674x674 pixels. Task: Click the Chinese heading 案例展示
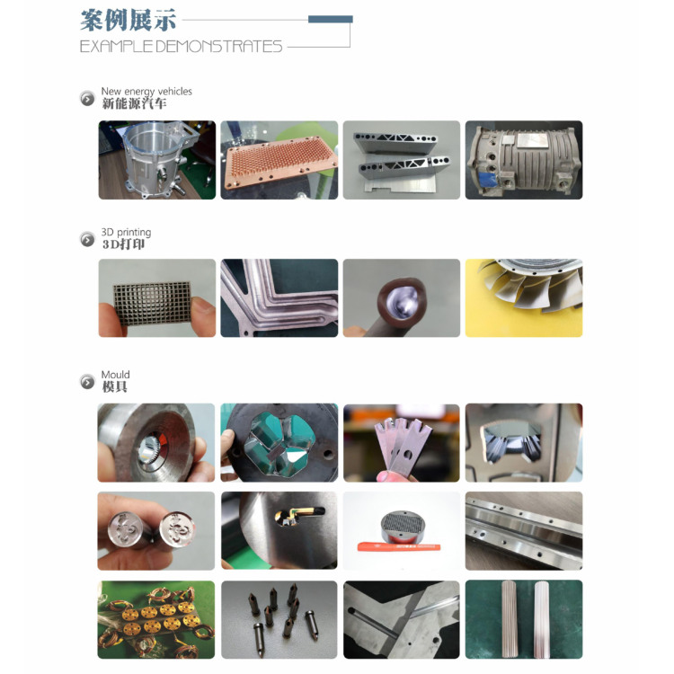[x=129, y=20]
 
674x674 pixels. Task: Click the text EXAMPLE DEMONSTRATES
[x=181, y=47]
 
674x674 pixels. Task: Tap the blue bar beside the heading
[x=331, y=19]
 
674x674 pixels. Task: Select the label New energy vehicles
[x=146, y=91]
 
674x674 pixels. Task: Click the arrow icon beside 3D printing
[x=87, y=239]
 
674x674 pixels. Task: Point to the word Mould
[x=115, y=375]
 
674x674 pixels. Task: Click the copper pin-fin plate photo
[x=279, y=160]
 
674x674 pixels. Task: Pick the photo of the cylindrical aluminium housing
[x=157, y=160]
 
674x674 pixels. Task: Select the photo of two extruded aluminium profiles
[x=402, y=160]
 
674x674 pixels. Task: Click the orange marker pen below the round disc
[x=399, y=547]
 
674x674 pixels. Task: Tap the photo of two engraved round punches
[x=156, y=531]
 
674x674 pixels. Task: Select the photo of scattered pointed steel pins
[x=279, y=619]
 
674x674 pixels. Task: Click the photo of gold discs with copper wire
[x=156, y=619]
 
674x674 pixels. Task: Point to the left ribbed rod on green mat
[x=510, y=619]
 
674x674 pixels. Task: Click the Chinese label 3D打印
[x=123, y=244]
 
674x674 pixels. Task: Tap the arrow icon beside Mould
[x=87, y=381]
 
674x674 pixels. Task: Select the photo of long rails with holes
[x=524, y=531]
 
